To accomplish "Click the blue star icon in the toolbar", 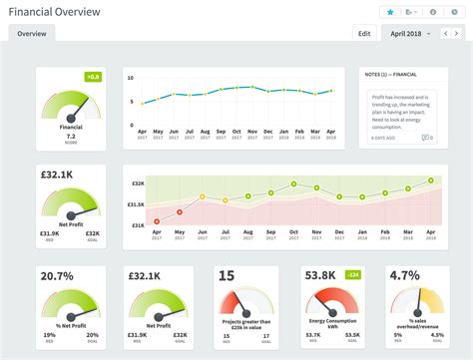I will pos(390,12).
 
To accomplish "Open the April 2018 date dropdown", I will pos(411,33).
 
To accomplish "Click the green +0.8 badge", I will pos(93,76).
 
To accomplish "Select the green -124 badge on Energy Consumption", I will pos(353,274).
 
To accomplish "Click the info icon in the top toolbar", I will pos(433,12).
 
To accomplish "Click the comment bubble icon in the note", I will pos(426,137).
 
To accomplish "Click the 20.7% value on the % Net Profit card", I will pos(57,275).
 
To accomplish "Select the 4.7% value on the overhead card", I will pos(404,275).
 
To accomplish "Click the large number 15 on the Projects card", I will pos(227,275).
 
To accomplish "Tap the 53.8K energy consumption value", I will pos(319,275).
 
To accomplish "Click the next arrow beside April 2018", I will pos(456,33).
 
